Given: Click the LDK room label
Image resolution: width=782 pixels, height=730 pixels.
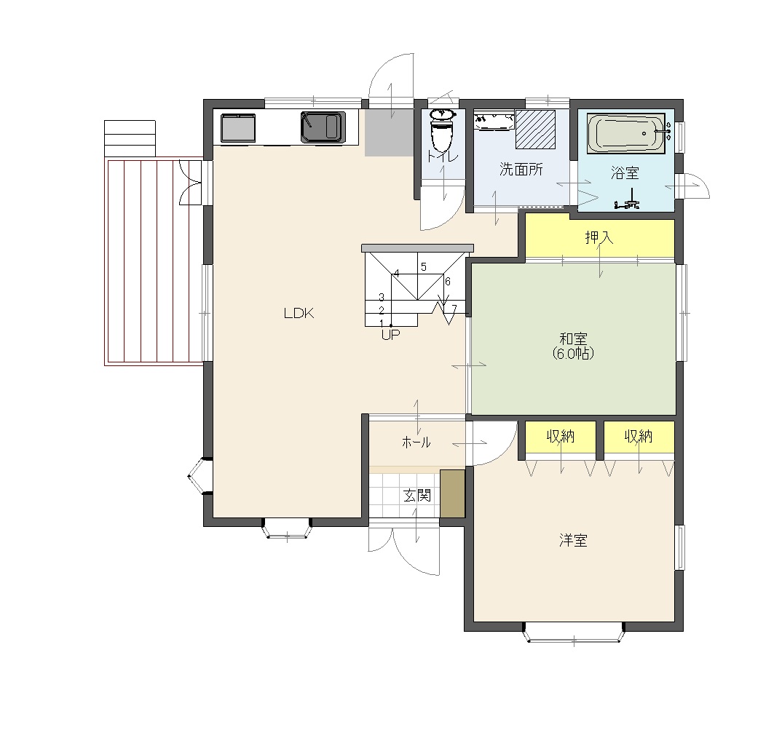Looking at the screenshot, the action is point(299,313).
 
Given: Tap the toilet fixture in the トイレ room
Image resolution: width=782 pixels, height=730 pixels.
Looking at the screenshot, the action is point(442,129).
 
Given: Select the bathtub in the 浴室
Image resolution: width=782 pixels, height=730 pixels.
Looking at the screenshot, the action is point(626,133).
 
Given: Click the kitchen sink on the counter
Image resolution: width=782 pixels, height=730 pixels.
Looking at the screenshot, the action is point(323,127).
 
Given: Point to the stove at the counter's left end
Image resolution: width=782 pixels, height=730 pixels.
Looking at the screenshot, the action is point(238,127).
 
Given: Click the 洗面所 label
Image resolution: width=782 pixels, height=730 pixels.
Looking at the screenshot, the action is point(521,170).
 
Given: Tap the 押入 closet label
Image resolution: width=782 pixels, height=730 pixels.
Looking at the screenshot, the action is point(599,237).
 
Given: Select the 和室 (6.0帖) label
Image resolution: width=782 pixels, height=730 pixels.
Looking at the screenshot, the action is point(573,346).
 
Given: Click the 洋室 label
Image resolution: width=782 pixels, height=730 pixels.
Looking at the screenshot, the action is point(573,540).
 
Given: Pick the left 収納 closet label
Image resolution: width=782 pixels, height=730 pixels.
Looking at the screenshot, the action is point(561,436).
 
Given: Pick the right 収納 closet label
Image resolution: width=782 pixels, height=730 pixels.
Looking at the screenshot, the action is point(639,436).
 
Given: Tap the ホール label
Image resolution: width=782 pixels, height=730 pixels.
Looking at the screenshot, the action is point(416,442).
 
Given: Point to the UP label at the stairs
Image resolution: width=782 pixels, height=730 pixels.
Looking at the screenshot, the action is point(390,335).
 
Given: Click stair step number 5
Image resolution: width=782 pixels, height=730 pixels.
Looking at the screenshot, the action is point(424,267).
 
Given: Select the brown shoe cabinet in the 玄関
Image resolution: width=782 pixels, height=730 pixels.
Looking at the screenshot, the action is point(452,493).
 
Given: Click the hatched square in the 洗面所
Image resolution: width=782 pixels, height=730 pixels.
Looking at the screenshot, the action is point(535,129).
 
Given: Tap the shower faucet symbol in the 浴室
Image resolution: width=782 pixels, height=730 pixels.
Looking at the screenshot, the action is point(628,200).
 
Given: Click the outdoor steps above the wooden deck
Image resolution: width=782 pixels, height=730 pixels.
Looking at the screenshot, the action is point(130,138).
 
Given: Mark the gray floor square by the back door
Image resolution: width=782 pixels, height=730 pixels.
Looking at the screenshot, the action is point(390,132).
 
